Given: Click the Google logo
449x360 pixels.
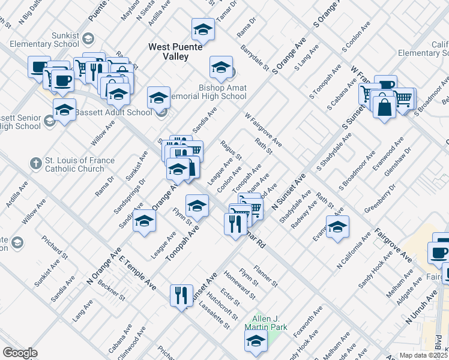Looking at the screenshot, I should (20, 353).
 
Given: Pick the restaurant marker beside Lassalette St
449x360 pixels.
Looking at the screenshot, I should (181, 295).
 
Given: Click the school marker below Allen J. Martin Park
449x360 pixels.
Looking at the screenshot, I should (255, 341).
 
